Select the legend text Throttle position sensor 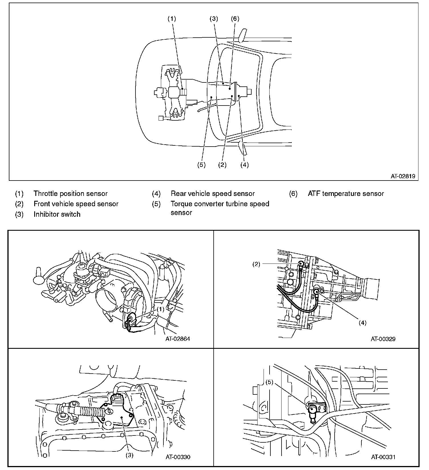click(70, 194)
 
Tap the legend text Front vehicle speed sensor click(76, 204)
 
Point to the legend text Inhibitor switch click(57, 214)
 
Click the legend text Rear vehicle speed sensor click(213, 194)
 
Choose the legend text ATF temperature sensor click(346, 194)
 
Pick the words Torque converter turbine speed click(220, 204)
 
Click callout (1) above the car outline click(171, 19)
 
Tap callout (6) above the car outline click(235, 19)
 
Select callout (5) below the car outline click(201, 165)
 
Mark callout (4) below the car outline click(244, 165)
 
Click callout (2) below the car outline click(222, 165)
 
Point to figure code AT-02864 click(178, 339)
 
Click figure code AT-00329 click(383, 339)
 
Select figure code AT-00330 click(178, 457)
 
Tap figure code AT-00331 click(383, 457)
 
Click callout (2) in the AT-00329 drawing click(256, 264)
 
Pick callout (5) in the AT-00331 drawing click(270, 382)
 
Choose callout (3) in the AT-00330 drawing click(129, 455)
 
